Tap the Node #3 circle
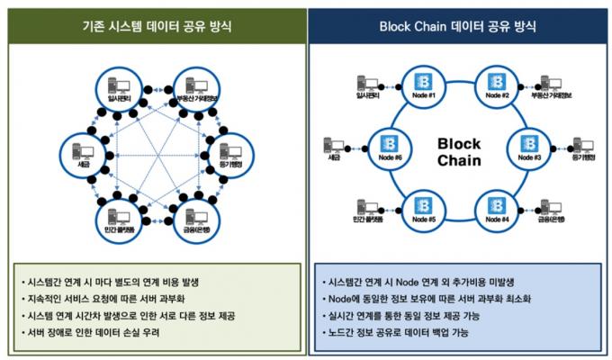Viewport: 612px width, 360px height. (x=530, y=146)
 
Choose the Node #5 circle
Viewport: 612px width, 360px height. (x=420, y=209)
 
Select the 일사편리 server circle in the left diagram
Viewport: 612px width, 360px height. (x=116, y=87)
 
